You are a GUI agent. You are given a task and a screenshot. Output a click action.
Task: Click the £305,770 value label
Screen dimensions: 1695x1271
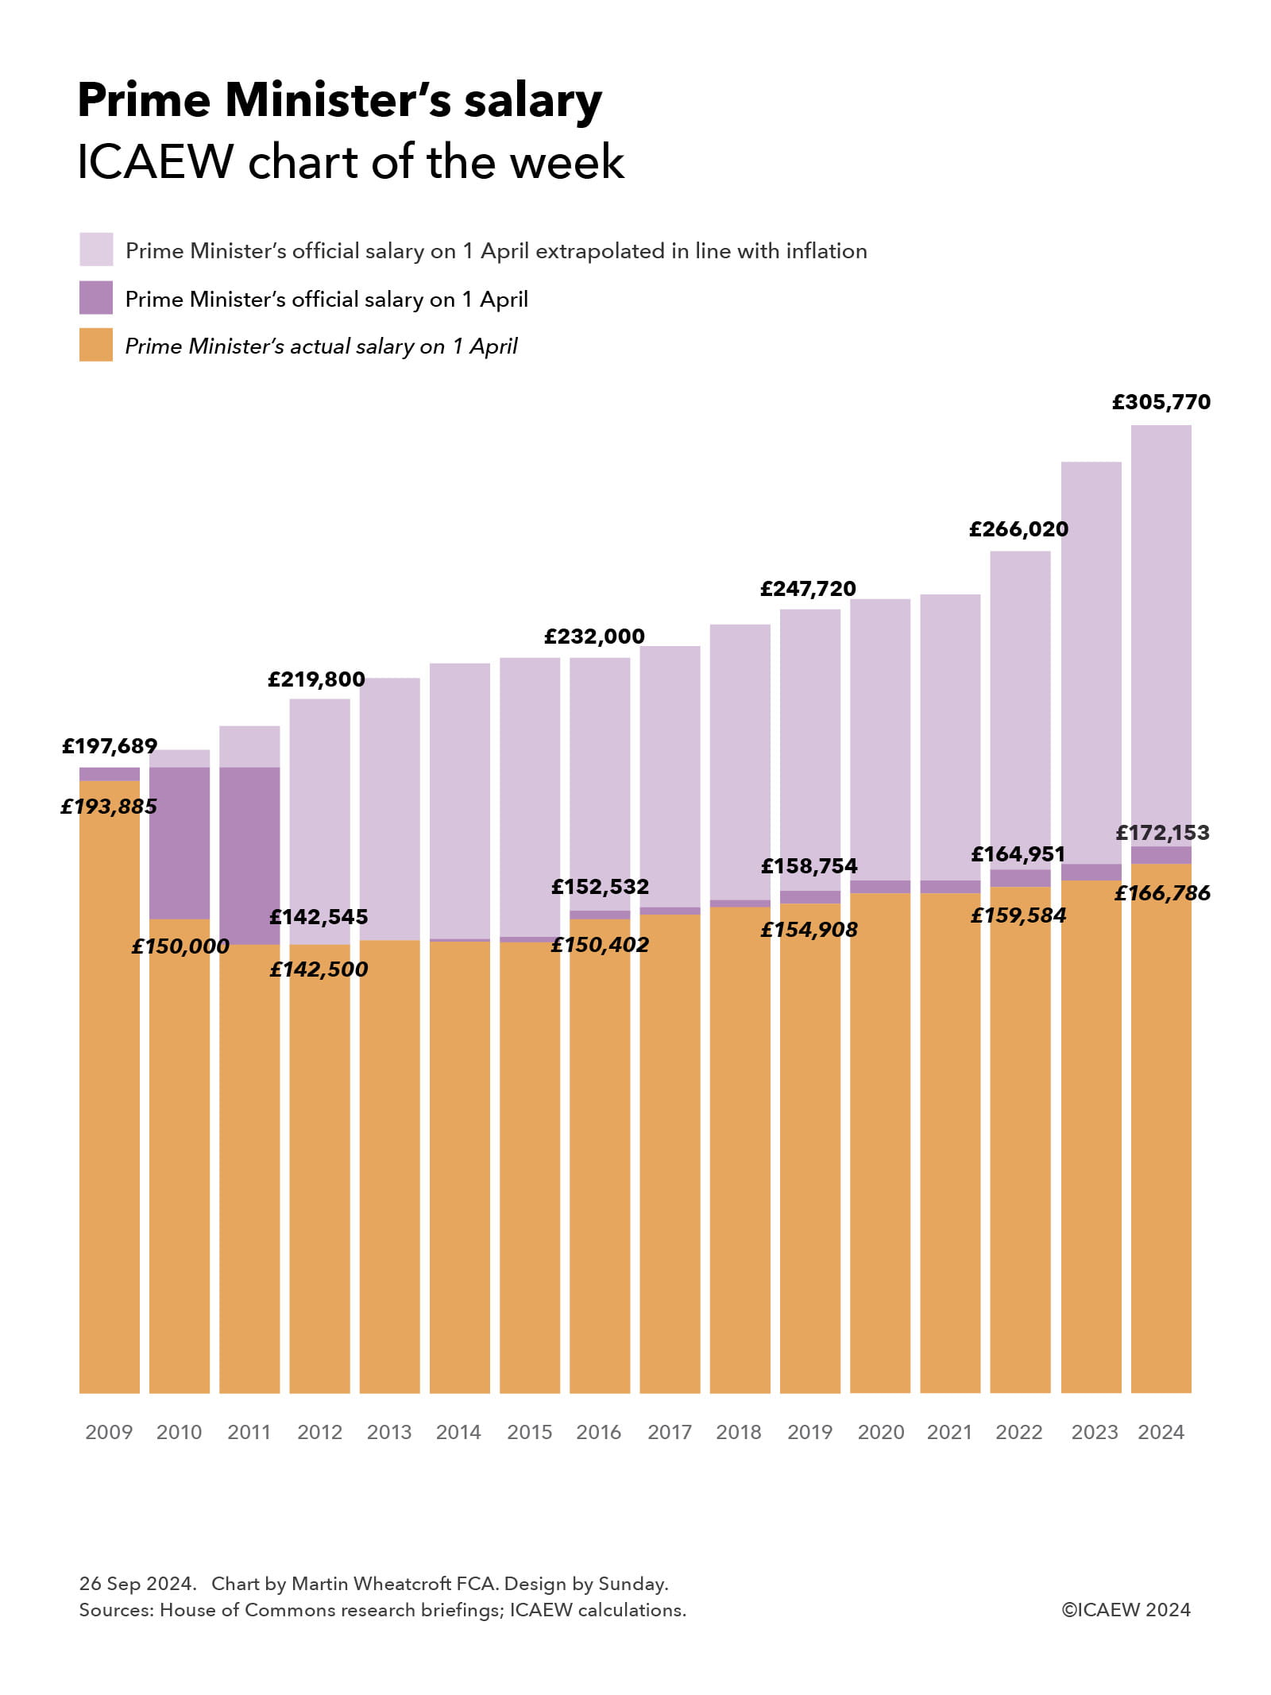1161,402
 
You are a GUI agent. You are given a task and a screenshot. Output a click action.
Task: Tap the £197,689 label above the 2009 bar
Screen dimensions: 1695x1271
110,746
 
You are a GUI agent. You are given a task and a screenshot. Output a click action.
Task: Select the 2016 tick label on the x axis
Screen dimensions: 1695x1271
599,1432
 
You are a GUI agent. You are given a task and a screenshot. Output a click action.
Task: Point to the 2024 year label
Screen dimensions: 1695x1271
1161,1432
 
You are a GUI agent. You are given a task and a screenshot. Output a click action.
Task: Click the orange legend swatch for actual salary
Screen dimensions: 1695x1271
96,345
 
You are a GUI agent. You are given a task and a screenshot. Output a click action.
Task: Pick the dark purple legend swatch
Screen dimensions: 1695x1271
96,298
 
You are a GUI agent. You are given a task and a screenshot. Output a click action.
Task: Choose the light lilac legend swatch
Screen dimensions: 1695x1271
96,250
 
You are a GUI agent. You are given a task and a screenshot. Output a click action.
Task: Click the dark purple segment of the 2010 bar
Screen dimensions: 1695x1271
180,842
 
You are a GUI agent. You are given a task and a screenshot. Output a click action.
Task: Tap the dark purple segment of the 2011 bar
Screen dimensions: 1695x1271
249,855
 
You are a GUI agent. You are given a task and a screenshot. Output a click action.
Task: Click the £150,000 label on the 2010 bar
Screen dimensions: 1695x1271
180,946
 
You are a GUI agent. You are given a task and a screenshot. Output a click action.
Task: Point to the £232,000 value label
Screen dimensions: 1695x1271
594,637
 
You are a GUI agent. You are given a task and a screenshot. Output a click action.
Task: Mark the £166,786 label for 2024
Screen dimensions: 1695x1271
1162,893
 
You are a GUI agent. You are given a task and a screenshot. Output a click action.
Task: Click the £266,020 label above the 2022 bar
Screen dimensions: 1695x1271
1018,529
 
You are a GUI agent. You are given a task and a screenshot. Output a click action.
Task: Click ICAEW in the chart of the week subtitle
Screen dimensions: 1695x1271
155,162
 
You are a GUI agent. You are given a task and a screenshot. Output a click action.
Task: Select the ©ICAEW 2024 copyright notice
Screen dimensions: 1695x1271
1126,1610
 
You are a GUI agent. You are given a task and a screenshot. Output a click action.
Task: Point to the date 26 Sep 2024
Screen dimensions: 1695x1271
137,1584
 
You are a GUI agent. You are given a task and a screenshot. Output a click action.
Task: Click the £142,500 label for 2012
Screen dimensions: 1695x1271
319,969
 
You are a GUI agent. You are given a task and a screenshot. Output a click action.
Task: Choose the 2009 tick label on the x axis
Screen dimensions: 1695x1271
109,1432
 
